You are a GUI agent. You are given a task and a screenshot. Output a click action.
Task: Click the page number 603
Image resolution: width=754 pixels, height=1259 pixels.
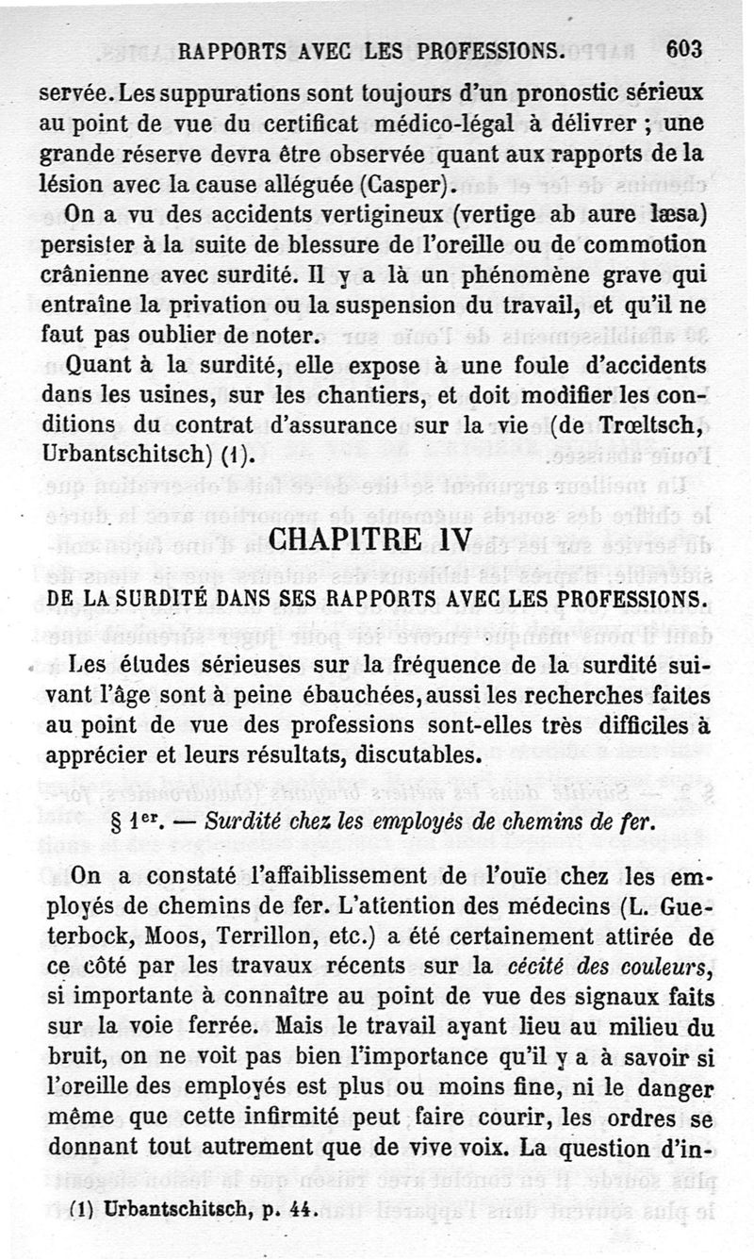683,50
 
